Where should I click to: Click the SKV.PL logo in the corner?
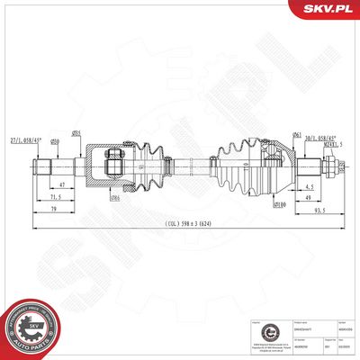[327, 10]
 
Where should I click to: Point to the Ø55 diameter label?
[78, 134]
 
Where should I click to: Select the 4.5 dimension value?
[308, 185]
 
